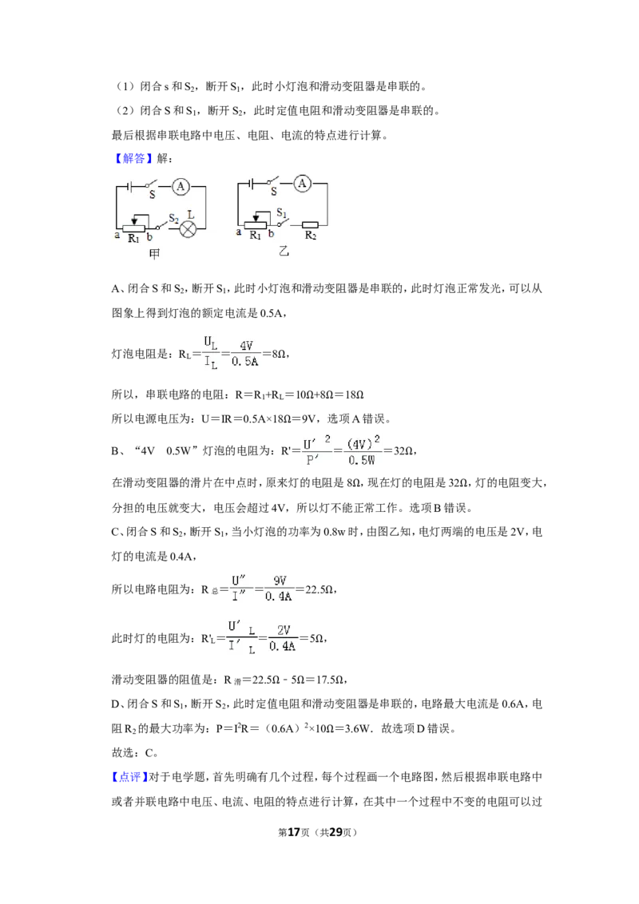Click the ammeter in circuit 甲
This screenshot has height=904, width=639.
181,186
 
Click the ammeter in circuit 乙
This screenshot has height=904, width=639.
302,184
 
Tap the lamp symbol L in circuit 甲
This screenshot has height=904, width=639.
188,229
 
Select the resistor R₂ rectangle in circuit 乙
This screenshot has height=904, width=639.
310,224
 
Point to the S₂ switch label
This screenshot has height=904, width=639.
173,219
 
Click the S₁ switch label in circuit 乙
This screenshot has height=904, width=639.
281,212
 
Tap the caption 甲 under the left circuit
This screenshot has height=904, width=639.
154,254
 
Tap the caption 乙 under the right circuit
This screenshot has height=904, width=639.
283,251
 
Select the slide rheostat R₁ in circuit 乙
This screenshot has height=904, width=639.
256,224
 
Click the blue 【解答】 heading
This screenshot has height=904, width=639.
133,159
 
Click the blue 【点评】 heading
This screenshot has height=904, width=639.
129,776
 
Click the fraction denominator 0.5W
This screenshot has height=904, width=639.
362,460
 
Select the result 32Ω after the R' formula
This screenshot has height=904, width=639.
403,450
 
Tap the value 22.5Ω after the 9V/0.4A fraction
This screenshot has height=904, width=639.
319,589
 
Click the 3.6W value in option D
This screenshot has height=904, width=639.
357,728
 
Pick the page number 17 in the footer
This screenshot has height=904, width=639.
294,831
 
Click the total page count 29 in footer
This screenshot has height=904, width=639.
335,831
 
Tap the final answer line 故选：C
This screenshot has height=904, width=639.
135,752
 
